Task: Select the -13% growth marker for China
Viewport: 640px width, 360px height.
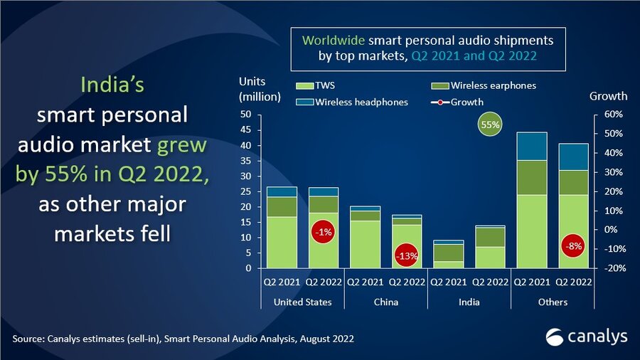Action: (406, 255)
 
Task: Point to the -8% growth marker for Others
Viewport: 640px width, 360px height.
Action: (572, 247)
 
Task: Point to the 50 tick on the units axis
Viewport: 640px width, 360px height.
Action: (246, 115)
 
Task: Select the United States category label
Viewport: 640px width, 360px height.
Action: (303, 302)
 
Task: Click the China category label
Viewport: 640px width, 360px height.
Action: (385, 302)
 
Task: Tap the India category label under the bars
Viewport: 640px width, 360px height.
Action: (469, 302)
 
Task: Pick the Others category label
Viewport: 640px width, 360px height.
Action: (553, 302)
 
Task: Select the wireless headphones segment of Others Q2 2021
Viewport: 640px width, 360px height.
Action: (532, 146)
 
